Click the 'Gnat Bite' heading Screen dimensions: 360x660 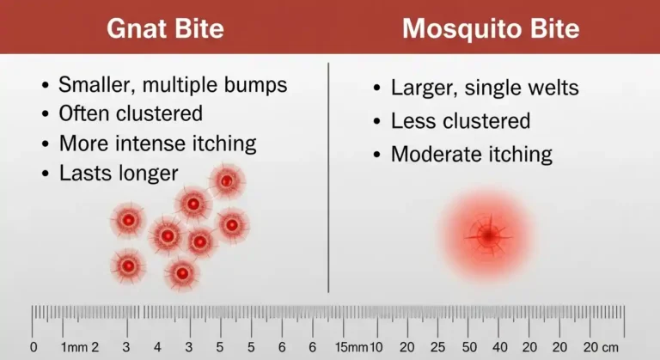[164, 28]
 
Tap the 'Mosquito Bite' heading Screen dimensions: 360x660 [491, 28]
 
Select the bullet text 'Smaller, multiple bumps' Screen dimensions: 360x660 [172, 85]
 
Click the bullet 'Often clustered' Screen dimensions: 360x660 [130, 113]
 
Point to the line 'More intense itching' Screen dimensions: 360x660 [157, 143]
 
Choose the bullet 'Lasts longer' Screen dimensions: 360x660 [118, 173]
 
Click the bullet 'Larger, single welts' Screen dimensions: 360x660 [484, 88]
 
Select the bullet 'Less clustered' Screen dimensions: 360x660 [460, 121]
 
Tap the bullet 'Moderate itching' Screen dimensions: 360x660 [471, 155]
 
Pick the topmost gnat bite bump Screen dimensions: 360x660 [226, 181]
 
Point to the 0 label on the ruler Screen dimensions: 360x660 [34, 347]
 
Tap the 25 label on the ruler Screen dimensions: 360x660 [437, 347]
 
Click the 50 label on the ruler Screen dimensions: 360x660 [469, 347]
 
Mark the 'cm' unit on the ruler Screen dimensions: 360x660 [609, 347]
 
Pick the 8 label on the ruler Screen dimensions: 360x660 [312, 347]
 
